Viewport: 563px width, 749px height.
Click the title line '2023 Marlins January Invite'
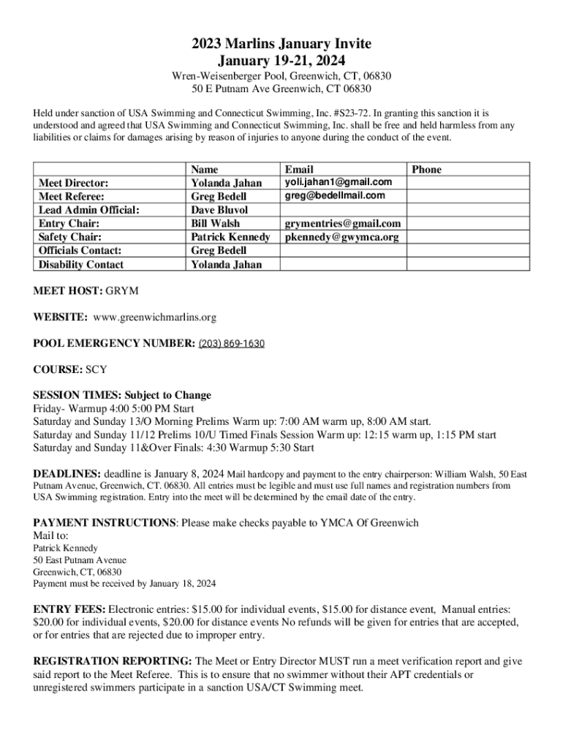[281, 45]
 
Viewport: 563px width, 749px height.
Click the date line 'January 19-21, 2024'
[281, 61]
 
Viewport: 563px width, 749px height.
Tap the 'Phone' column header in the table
[427, 169]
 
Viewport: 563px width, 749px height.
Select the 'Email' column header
[299, 169]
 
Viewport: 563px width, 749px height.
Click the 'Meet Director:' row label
[73, 183]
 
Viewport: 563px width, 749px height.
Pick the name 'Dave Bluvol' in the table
[220, 210]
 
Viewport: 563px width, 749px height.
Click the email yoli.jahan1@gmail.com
[339, 182]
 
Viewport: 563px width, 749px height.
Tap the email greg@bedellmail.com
[334, 196]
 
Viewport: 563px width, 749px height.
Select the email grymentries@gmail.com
[343, 223]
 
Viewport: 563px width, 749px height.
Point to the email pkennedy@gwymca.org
[341, 237]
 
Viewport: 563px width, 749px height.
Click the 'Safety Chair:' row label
[70, 237]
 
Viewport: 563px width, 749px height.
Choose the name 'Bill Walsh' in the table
[216, 223]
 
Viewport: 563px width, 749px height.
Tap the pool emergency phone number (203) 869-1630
[231, 343]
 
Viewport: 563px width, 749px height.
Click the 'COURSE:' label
[58, 369]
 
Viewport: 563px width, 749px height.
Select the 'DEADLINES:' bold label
[68, 473]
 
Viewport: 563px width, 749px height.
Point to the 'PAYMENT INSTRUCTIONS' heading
[105, 523]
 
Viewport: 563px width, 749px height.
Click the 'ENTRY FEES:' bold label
[69, 609]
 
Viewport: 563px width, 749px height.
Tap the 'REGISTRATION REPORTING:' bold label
[113, 661]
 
